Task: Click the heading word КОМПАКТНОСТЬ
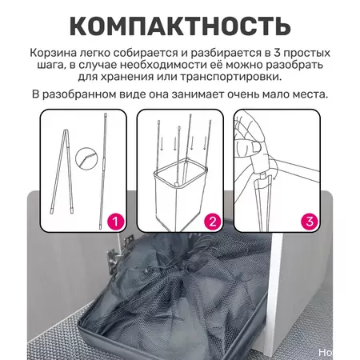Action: (180, 26)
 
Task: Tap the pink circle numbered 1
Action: (115, 222)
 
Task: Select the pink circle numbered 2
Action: (213, 222)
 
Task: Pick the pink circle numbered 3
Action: (310, 222)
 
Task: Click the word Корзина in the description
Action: (54, 53)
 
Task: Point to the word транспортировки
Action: (230, 77)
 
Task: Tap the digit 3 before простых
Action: (277, 53)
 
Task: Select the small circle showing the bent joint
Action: (85, 158)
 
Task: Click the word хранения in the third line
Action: (129, 77)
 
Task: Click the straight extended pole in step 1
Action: (103, 170)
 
